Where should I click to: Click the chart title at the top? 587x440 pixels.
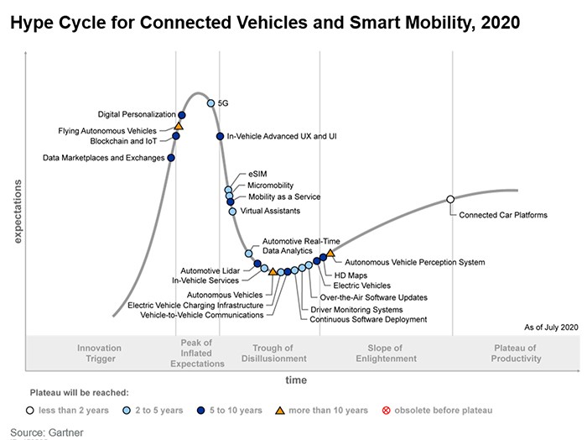click(x=264, y=21)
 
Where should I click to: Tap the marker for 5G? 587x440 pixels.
click(x=210, y=103)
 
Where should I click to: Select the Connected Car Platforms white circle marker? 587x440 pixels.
click(x=450, y=199)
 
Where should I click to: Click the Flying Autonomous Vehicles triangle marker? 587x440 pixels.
click(x=179, y=126)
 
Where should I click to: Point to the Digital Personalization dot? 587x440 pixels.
click(x=182, y=114)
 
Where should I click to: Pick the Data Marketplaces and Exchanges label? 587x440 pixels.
click(x=103, y=158)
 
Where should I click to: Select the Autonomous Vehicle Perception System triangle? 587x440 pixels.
click(x=330, y=252)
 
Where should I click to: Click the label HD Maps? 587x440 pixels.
click(x=351, y=275)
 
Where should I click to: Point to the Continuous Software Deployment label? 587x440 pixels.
click(x=368, y=320)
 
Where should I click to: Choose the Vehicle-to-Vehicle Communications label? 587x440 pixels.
click(x=201, y=315)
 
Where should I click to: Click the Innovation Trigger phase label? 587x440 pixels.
click(x=99, y=354)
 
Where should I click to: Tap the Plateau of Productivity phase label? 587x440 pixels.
click(x=517, y=354)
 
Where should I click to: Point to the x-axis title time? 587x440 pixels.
click(x=296, y=380)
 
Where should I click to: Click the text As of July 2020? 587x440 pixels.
click(x=551, y=326)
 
